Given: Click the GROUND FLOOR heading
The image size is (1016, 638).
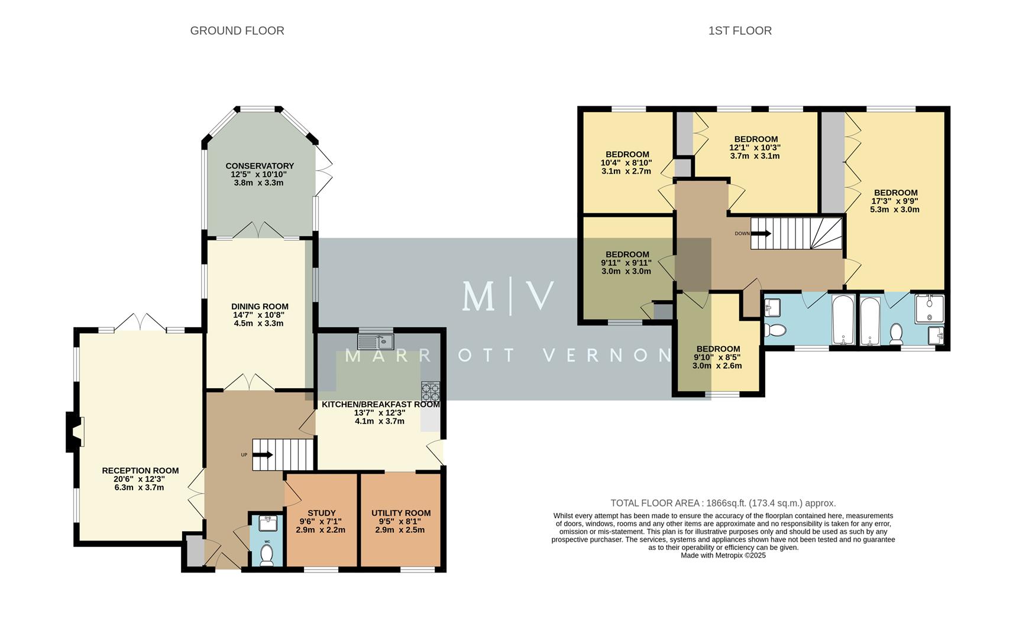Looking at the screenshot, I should (237, 31).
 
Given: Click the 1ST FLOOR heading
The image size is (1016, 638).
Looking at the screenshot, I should (740, 31).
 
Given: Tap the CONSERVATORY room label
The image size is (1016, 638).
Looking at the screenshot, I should (259, 166).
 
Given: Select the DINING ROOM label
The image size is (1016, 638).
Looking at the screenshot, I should (260, 307).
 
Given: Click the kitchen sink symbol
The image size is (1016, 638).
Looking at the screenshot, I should (375, 341).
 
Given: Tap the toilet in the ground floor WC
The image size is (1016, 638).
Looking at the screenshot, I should (267, 555).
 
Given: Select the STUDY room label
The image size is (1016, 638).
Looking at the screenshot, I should (321, 513).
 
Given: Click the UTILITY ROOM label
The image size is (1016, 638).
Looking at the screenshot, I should (401, 513).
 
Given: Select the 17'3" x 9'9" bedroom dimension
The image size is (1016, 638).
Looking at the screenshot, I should (895, 201).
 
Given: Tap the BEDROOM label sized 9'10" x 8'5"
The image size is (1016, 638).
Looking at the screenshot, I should (717, 349).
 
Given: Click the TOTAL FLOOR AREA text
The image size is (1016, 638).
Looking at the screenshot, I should (723, 503).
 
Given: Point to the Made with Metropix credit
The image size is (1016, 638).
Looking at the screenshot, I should (723, 555).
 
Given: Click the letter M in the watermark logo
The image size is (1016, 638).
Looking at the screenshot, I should (478, 297).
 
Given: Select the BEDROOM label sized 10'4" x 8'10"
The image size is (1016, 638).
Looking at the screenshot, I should (627, 154).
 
